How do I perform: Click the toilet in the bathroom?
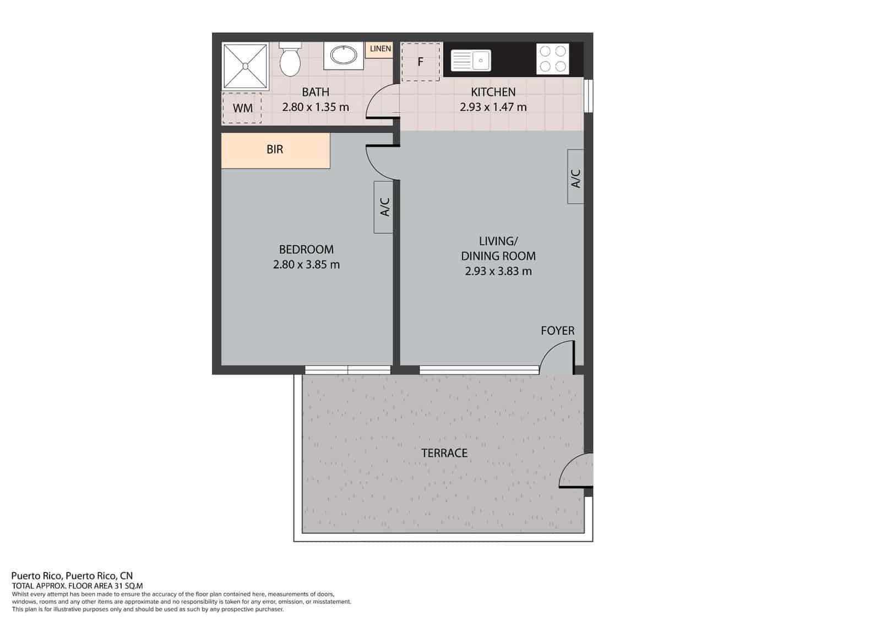tap(290, 60)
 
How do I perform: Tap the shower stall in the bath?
tap(246, 67)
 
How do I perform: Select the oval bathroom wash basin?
tap(344, 56)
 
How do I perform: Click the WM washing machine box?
tap(242, 108)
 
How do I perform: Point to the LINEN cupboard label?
tap(380, 49)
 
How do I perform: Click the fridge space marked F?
tap(421, 62)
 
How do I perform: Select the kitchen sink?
tap(471, 61)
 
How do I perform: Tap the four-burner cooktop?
tap(553, 59)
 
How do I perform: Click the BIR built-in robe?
tap(275, 151)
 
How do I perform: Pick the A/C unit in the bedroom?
tap(383, 207)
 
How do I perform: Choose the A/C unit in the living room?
tap(575, 177)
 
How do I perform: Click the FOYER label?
tap(557, 331)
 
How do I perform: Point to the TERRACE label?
tap(444, 453)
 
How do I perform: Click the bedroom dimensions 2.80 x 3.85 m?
tap(306, 265)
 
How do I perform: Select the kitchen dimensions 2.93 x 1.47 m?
tap(493, 107)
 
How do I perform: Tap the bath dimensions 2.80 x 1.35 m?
tap(316, 107)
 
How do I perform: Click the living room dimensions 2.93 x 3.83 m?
tap(498, 271)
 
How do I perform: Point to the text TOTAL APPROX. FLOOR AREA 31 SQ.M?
tap(77, 586)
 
